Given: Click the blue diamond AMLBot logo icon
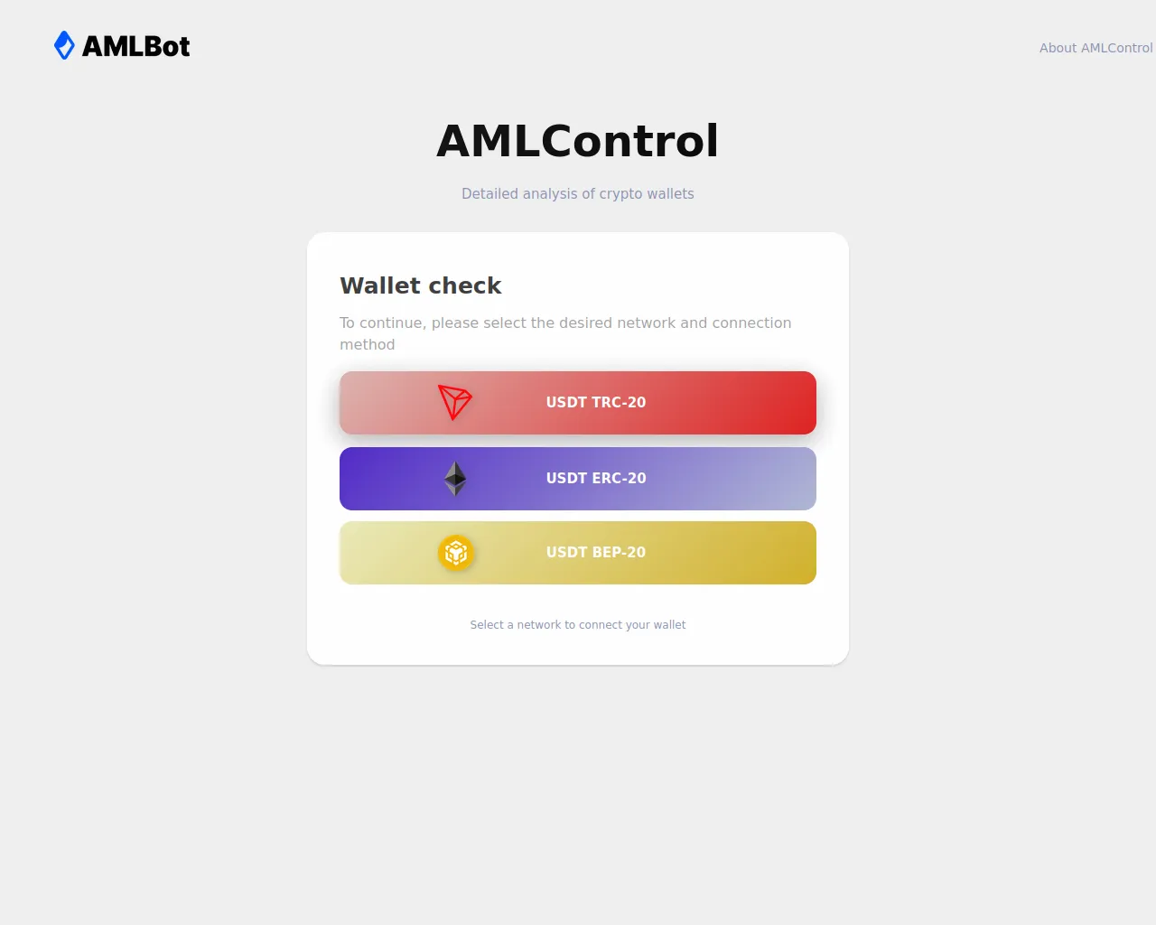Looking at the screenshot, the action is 64,45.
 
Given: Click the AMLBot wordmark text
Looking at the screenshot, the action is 135,46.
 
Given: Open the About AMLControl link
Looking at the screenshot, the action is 1095,48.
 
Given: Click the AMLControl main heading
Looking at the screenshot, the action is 577,141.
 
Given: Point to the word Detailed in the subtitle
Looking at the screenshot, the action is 489,193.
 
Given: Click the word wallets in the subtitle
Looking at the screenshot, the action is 670,193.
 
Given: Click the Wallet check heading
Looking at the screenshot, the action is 421,285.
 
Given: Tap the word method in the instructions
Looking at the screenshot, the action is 368,344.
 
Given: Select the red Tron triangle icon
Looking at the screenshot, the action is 454,402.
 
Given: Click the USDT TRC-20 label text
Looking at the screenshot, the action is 596,402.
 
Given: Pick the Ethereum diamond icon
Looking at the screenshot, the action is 455,479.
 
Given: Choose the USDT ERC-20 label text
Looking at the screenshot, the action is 596,478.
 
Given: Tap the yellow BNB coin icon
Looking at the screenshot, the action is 455,553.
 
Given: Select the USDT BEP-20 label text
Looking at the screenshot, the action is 596,552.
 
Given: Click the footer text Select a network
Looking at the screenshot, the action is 515,624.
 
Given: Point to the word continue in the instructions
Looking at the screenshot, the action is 393,322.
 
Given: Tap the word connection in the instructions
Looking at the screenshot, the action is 751,322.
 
